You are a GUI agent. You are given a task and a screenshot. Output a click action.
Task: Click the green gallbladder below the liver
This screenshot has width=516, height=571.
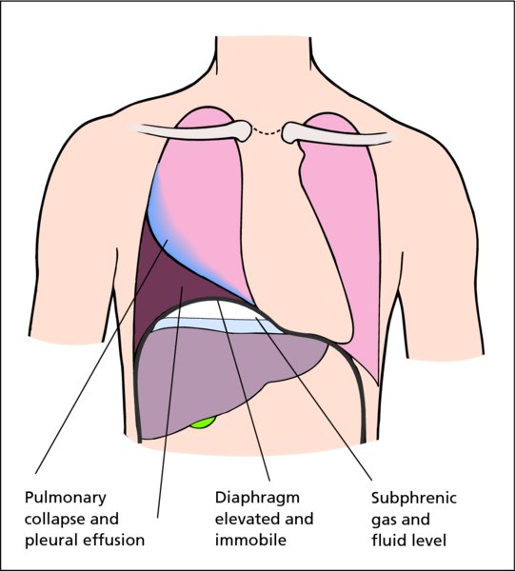(x=203, y=423)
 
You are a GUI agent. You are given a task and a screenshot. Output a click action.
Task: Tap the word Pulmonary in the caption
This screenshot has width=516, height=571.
(x=66, y=498)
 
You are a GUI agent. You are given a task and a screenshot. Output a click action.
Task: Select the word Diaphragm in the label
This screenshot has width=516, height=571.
(x=257, y=498)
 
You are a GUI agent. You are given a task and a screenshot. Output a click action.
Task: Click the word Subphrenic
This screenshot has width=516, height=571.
(x=414, y=498)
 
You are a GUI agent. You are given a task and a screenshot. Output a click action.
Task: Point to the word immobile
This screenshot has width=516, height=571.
(x=250, y=540)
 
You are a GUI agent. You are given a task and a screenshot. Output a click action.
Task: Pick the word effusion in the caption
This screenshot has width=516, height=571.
(x=114, y=540)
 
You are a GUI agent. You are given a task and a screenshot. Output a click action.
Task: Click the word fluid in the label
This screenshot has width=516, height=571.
(x=390, y=540)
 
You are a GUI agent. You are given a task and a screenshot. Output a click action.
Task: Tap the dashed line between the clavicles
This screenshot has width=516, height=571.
(x=267, y=132)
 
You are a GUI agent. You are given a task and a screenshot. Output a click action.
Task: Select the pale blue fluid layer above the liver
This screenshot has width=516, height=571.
(x=219, y=325)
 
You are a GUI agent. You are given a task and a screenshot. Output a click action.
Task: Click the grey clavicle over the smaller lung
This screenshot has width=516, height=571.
(x=339, y=134)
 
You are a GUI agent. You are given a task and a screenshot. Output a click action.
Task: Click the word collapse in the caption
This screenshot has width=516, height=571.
(x=54, y=520)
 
